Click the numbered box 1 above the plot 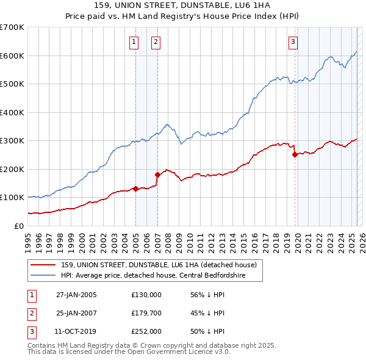134,42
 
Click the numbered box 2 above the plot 156,42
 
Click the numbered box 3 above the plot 293,42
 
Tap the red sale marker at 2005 135,189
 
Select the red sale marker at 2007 157,175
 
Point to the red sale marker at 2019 295,154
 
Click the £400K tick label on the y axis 12,112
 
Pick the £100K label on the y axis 12,198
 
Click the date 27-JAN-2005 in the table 76,295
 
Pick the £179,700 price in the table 146,313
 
